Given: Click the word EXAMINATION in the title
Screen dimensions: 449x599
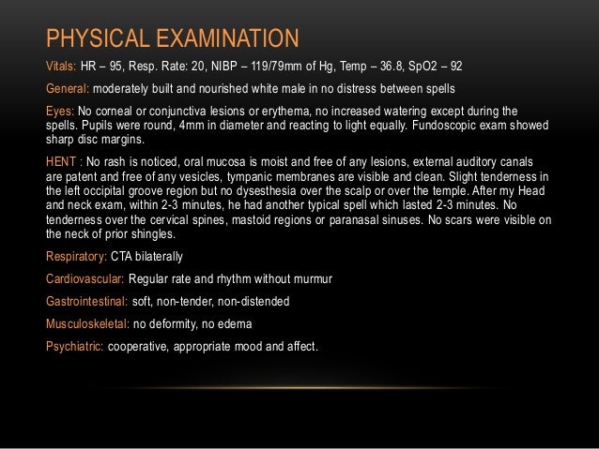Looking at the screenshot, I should (x=223, y=38).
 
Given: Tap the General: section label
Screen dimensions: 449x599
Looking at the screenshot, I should (x=68, y=89).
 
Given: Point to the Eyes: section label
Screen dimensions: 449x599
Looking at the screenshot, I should (x=60, y=111).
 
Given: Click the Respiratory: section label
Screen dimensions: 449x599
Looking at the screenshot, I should (x=79, y=257).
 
